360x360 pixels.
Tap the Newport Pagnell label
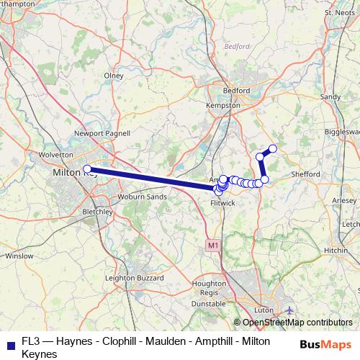[102, 133]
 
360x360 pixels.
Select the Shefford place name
[305, 174]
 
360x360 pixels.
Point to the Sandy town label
[330, 96]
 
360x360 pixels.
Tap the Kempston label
[222, 105]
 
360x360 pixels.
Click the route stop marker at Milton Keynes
[87, 169]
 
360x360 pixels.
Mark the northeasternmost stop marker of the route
[273, 149]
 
